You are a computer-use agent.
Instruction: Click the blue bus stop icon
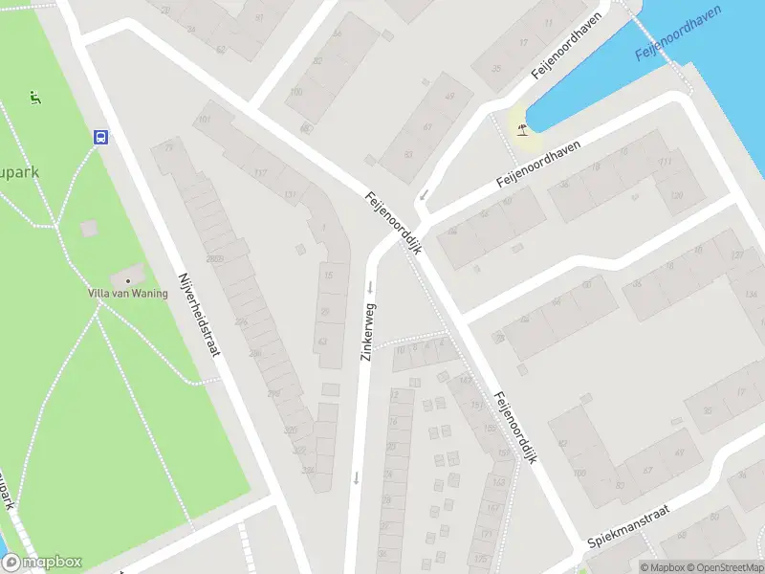tap(100, 137)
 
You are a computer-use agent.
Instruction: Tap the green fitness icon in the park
tap(35, 96)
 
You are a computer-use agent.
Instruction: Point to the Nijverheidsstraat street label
tap(199, 314)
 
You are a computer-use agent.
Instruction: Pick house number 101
tap(203, 120)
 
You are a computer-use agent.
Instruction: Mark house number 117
tap(260, 173)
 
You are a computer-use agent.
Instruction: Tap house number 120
tap(676, 195)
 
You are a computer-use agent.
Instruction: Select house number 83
tap(408, 153)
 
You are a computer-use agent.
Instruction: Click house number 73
tap(169, 147)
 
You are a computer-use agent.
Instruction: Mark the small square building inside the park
tap(89, 229)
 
